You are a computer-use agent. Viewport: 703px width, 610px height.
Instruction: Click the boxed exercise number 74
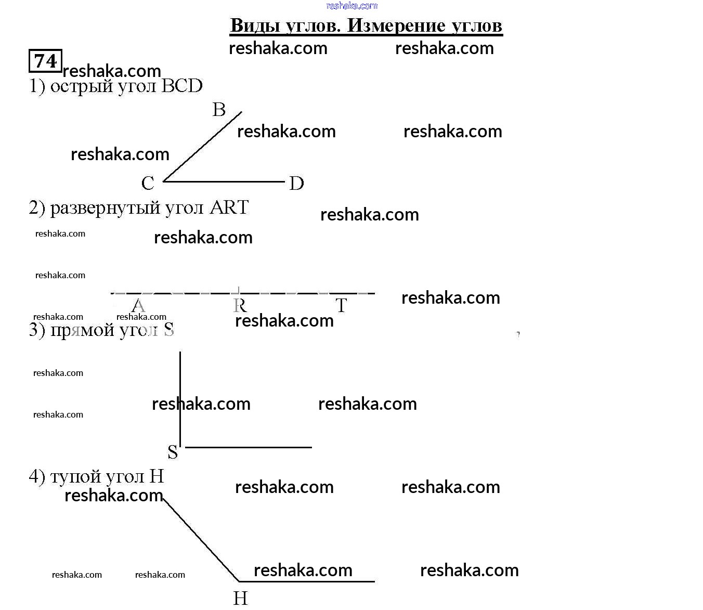[45, 61]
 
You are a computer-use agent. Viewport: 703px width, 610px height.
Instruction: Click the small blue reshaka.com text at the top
[351, 6]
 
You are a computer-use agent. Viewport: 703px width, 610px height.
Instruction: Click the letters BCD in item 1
[182, 86]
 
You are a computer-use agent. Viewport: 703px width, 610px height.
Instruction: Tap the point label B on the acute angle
[219, 110]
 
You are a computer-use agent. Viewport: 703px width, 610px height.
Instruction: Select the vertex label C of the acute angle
[148, 183]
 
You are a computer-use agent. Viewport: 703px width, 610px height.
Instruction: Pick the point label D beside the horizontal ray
[296, 183]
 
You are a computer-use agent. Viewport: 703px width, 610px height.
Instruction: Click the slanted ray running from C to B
[203, 146]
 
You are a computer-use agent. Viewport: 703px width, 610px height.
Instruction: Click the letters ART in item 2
[229, 207]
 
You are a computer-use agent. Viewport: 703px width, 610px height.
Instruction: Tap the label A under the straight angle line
[138, 305]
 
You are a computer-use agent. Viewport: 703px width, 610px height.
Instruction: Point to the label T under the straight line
[341, 305]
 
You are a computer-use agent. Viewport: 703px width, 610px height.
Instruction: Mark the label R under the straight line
[240, 305]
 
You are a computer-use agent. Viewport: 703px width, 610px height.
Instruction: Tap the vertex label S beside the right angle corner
[173, 452]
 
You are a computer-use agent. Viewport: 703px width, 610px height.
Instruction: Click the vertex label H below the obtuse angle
[240, 599]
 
